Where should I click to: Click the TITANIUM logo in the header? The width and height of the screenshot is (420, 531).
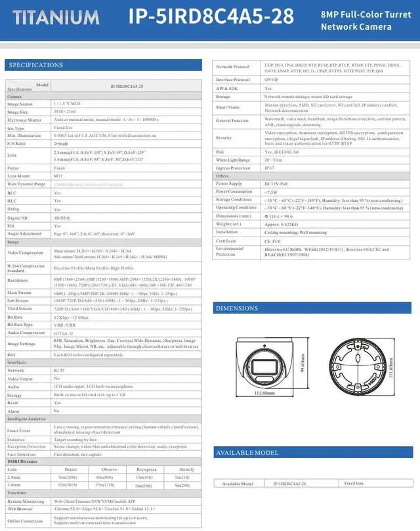pyautogui.click(x=56, y=17)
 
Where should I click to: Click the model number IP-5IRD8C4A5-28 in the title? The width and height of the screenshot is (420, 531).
pyautogui.click(x=211, y=16)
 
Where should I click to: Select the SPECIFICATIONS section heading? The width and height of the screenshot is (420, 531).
pyautogui.click(x=36, y=65)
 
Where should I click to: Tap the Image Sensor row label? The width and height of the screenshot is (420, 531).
pyautogui.click(x=20, y=104)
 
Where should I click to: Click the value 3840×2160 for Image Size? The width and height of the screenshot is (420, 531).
pyautogui.click(x=64, y=112)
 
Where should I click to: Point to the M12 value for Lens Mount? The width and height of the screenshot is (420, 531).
pyautogui.click(x=58, y=176)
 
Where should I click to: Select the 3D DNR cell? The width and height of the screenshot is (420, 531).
pyautogui.click(x=62, y=218)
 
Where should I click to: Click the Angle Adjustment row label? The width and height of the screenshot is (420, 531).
pyautogui.click(x=24, y=233)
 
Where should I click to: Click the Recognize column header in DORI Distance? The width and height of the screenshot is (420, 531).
pyautogui.click(x=146, y=469)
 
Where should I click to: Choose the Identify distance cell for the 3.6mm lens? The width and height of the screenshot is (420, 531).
pyautogui.click(x=183, y=485)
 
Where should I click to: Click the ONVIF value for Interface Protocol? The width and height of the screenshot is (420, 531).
pyautogui.click(x=272, y=80)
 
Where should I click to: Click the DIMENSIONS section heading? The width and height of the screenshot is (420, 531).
pyautogui.click(x=237, y=308)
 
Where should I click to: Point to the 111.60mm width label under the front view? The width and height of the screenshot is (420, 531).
pyautogui.click(x=264, y=393)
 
